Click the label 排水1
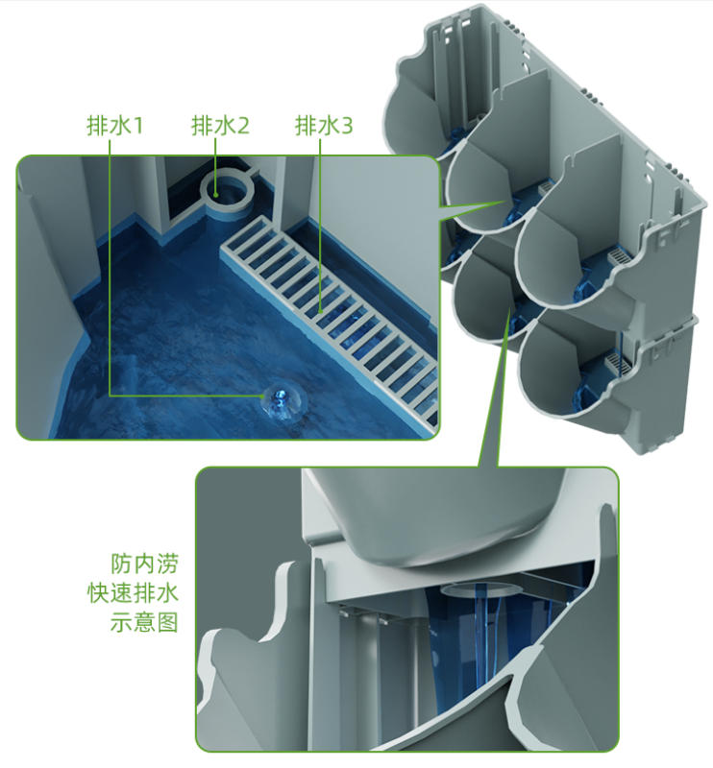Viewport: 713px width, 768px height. (x=114, y=126)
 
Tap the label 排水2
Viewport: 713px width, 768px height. (x=220, y=126)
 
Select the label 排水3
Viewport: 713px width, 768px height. (x=324, y=126)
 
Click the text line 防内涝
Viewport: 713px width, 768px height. (x=144, y=564)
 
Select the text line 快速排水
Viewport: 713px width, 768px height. (x=133, y=593)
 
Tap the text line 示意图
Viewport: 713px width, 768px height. (x=144, y=622)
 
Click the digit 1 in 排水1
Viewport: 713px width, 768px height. (x=137, y=126)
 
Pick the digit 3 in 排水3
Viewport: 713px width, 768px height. (x=347, y=126)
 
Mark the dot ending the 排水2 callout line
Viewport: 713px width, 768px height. (x=215, y=193)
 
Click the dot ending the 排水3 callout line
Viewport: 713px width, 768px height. (x=320, y=310)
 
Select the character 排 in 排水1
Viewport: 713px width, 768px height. (x=98, y=126)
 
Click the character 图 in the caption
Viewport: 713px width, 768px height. (x=167, y=622)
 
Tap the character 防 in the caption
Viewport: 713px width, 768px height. (x=122, y=564)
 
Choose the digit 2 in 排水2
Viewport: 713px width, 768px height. (x=243, y=126)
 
